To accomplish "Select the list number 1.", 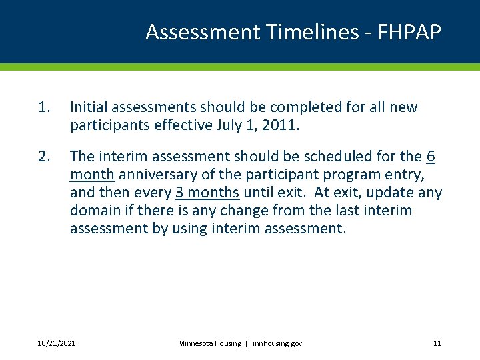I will point(44,107).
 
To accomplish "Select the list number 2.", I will point(44,157).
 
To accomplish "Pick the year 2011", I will point(280,125).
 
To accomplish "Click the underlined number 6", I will point(431,157).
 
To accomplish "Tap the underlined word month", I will point(93,175).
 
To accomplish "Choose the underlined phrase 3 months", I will point(207,193).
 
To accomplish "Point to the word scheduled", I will point(335,157).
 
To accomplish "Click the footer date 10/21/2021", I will point(56,343).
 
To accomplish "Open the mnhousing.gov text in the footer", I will point(277,343).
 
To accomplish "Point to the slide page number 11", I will point(437,343).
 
